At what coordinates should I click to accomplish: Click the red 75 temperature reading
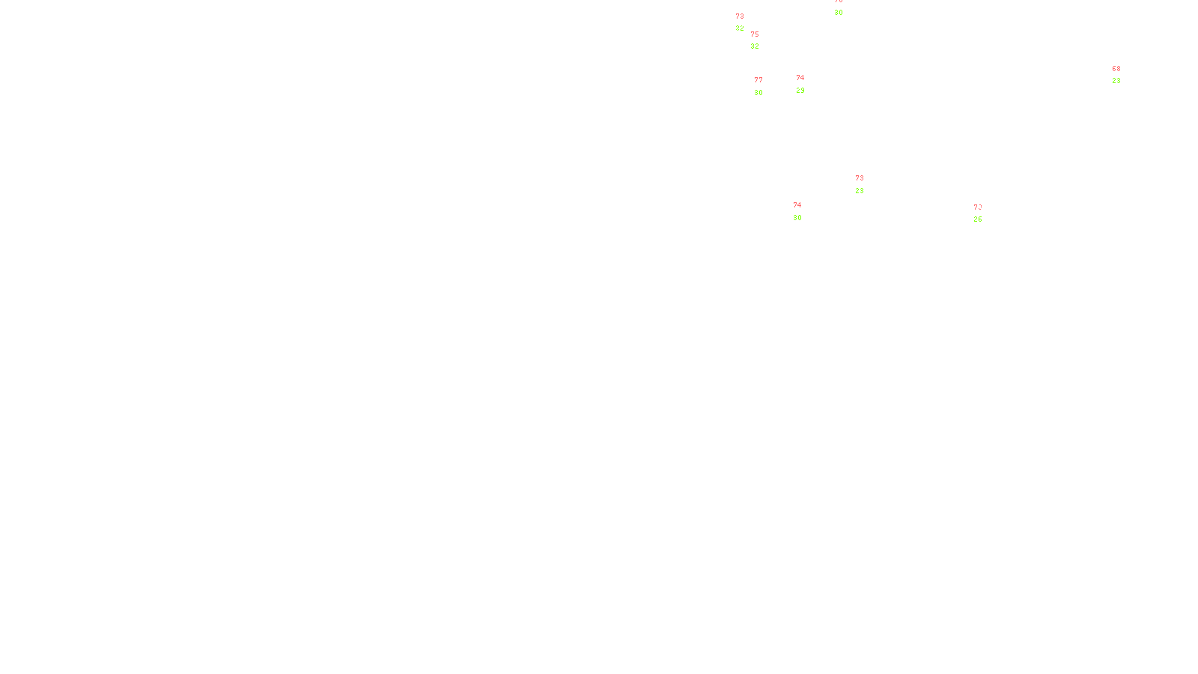tap(755, 34)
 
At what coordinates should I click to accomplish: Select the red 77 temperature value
tap(758, 80)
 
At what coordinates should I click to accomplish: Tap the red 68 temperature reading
tap(1116, 69)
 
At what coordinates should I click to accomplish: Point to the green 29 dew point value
tap(800, 91)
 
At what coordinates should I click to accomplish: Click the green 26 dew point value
tap(978, 219)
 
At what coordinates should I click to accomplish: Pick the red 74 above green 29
tap(800, 78)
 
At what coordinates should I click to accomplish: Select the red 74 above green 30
tap(797, 205)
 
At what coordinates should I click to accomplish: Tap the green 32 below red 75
tap(755, 46)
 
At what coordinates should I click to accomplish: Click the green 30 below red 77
tap(758, 93)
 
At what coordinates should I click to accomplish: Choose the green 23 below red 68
tap(1116, 81)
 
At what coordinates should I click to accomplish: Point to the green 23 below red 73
tap(860, 191)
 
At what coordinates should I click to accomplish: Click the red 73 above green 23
tap(860, 178)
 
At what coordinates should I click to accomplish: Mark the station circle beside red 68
tap(1123, 75)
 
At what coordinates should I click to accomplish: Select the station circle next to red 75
tap(761, 40)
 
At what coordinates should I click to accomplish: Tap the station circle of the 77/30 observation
tap(766, 87)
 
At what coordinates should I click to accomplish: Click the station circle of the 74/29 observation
tap(808, 84)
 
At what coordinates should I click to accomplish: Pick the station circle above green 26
tap(985, 213)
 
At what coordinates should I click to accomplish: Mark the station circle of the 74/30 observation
tap(804, 211)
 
